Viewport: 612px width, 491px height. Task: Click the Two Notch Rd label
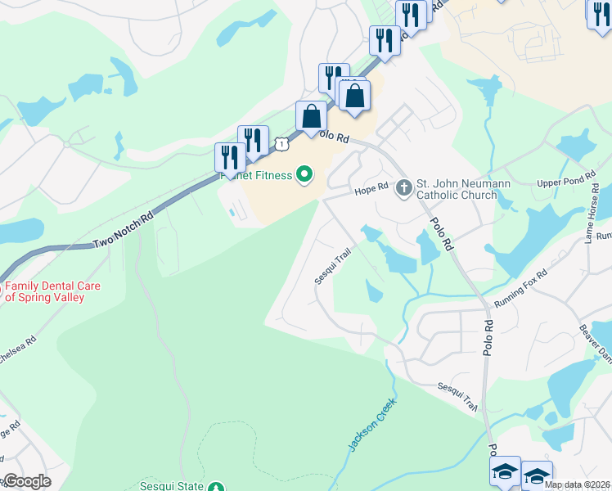point(124,232)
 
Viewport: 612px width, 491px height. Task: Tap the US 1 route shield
point(281,144)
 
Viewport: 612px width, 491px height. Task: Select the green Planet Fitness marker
point(304,174)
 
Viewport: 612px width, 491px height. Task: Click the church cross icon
point(403,188)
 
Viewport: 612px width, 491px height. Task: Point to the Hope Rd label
point(370,190)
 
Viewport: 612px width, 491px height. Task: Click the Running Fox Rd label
point(520,289)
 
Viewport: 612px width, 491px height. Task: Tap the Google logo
point(26,481)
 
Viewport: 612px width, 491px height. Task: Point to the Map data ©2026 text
point(576,484)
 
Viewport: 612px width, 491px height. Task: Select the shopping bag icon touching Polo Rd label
point(311,116)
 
